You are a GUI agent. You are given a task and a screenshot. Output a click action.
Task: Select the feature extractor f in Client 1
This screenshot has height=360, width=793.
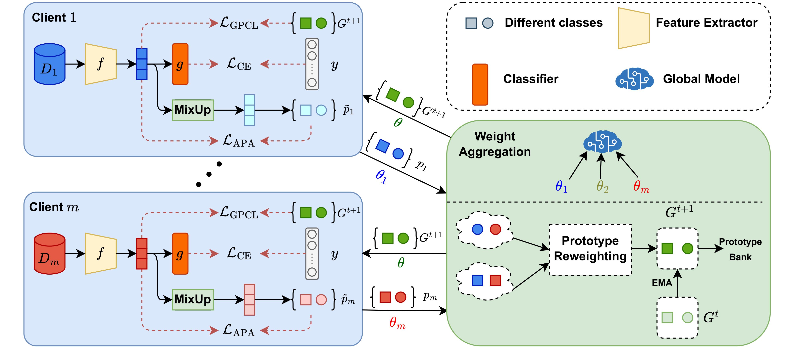pos(101,64)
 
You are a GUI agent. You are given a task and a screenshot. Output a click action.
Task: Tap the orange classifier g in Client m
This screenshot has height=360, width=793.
pos(180,253)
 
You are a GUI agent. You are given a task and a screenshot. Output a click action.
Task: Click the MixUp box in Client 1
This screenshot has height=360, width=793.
pos(193,110)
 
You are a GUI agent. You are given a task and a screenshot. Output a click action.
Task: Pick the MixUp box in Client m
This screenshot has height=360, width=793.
pos(193,299)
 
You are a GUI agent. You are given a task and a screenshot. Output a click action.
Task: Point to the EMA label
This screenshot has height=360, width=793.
pos(662,283)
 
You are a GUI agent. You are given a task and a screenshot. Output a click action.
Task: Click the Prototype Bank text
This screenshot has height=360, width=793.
pos(740,249)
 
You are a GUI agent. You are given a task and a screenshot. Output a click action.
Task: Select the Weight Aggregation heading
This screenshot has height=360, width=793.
pos(495,144)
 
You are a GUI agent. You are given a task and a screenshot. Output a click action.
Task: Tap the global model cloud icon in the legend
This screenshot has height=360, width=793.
pos(634,79)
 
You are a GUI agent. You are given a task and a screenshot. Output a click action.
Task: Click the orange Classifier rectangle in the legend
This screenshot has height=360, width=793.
pos(480,85)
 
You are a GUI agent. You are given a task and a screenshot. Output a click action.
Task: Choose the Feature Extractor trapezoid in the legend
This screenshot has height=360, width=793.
pos(634,28)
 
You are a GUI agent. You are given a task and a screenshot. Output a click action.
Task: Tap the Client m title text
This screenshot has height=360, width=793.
pos(54,207)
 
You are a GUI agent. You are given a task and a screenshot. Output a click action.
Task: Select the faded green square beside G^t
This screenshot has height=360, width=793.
pos(667,318)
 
